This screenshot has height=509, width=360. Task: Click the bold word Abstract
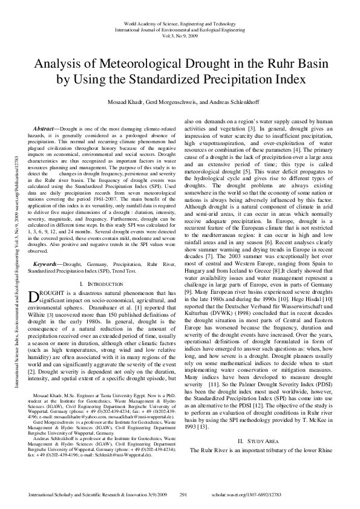[44, 130]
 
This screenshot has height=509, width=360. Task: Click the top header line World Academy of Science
[180, 20]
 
